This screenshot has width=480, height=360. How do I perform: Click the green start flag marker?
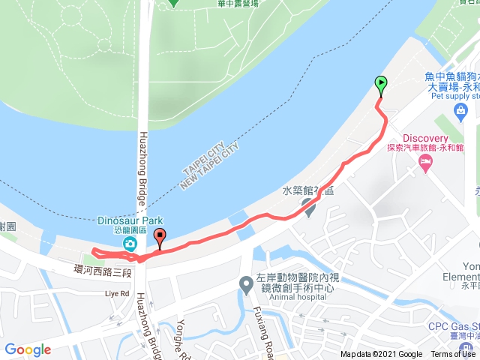pyautogui.click(x=380, y=85)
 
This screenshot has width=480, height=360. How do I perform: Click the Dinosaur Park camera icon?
pyautogui.click(x=130, y=244)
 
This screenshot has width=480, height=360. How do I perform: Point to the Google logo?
pyautogui.click(x=28, y=349)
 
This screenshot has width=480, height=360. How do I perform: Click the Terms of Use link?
pyautogui.click(x=452, y=354)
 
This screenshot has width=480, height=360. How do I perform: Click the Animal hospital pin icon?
pyautogui.click(x=245, y=284)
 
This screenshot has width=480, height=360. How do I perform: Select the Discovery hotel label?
pyautogui.click(x=425, y=138)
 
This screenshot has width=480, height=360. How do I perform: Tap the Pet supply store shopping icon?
pyautogui.click(x=460, y=112)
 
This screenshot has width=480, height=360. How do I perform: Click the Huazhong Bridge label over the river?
pyautogui.click(x=142, y=172)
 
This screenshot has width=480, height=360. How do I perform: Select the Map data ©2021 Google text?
pyautogui.click(x=381, y=354)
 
